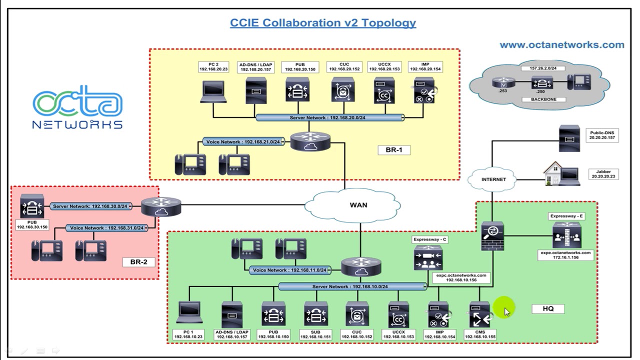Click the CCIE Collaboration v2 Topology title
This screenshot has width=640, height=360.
[x=322, y=23]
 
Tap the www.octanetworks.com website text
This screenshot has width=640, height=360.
[x=561, y=45]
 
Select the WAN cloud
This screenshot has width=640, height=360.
[x=358, y=205]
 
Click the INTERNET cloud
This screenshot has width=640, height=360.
[x=493, y=179]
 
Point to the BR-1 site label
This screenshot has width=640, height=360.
[x=393, y=149]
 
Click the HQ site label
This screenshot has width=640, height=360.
[x=548, y=308]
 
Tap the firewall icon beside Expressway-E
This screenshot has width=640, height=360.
[x=492, y=236]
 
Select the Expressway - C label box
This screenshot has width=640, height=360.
[x=430, y=239]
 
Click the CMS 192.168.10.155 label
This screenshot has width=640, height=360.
[x=480, y=334]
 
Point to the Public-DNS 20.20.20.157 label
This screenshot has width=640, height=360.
[x=601, y=135]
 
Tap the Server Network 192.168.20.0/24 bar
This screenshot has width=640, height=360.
[x=329, y=118]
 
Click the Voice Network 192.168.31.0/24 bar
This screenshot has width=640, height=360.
[x=106, y=228]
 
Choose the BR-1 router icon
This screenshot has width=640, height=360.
[x=310, y=141]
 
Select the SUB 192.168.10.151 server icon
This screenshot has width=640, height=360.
[x=315, y=314]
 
